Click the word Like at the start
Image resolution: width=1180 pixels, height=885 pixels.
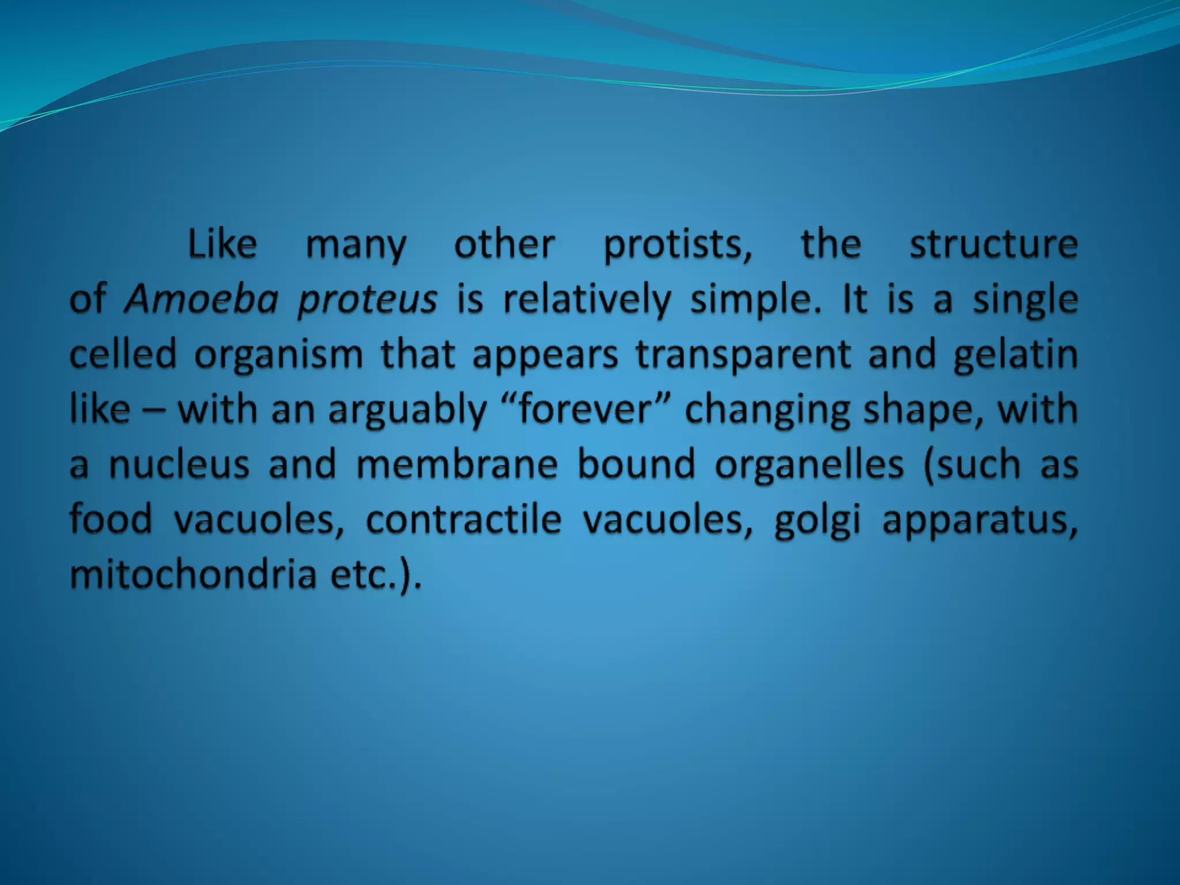click(222, 244)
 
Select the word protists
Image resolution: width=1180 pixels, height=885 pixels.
click(678, 245)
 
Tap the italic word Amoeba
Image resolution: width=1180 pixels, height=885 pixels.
click(202, 300)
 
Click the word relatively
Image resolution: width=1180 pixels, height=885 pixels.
click(587, 300)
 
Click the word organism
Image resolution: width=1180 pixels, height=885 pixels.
click(278, 355)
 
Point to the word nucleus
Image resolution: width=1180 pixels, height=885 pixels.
click(179, 464)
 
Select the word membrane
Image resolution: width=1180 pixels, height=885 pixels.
click(457, 464)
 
